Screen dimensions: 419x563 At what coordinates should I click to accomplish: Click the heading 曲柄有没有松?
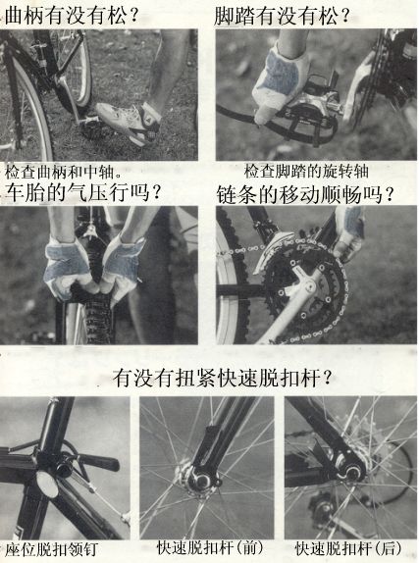(x=71, y=15)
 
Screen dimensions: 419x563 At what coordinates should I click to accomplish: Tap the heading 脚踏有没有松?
(x=282, y=15)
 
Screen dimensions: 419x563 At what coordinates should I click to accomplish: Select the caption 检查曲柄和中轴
(x=63, y=172)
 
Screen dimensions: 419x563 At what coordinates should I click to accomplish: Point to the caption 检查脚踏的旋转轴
(x=306, y=171)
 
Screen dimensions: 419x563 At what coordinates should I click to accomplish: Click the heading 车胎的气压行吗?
(x=81, y=192)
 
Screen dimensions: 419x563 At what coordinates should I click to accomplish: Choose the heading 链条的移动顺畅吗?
(x=305, y=194)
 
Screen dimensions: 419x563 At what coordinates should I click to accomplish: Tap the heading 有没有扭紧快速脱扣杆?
(x=222, y=378)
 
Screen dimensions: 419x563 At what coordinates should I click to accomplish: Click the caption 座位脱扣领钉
(x=51, y=549)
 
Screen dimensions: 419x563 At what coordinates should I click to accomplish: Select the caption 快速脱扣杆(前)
(x=210, y=548)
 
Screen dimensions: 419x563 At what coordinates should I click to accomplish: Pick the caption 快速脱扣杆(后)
(x=347, y=548)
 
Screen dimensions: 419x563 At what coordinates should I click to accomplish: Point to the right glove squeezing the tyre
(x=123, y=268)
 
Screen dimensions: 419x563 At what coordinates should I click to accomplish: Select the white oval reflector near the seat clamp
(x=48, y=485)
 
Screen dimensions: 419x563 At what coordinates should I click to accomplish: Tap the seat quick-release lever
(x=96, y=462)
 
